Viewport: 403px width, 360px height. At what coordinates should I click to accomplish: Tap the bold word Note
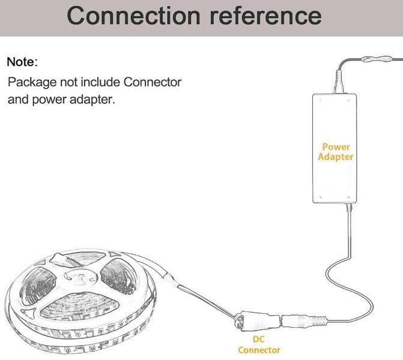tap(20, 62)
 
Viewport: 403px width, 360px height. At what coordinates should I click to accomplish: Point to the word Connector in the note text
tap(153, 81)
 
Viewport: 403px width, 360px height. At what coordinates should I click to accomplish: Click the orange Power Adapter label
tap(335, 152)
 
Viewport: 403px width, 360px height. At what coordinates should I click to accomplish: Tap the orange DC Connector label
tap(259, 344)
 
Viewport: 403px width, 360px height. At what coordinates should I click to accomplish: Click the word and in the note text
tap(17, 99)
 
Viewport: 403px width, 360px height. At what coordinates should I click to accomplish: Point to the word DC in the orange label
tap(258, 339)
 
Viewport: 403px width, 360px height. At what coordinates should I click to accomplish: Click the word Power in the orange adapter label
tap(336, 147)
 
